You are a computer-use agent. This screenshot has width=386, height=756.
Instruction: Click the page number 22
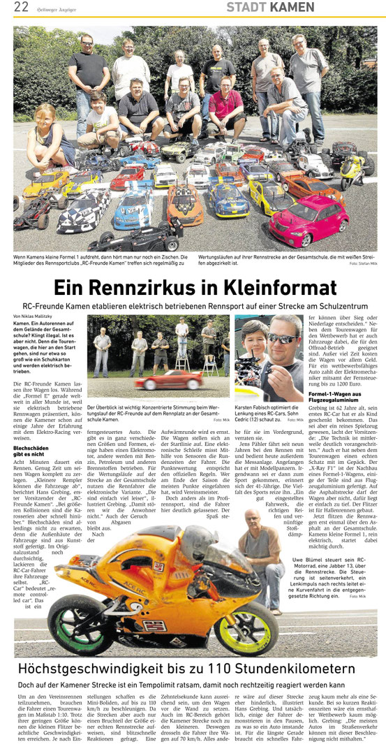21,8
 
